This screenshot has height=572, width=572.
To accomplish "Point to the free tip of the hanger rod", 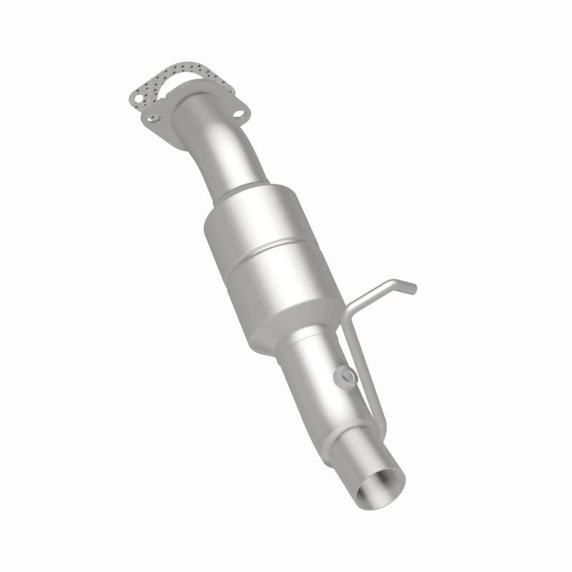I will coord(413,289).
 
